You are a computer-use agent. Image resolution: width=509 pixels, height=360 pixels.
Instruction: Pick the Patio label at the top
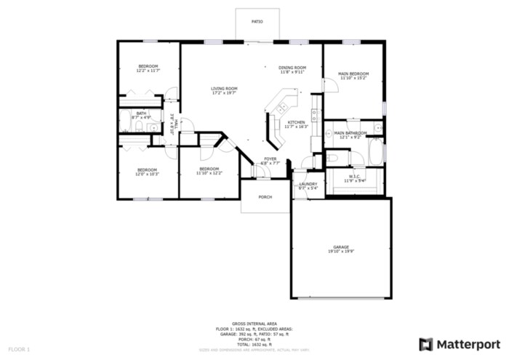pos(257,22)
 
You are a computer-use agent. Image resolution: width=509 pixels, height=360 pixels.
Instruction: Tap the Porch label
pos(265,196)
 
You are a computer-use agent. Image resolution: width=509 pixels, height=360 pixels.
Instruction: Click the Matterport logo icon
pos(426,344)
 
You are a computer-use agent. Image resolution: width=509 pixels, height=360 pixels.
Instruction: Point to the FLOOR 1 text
pos(19,350)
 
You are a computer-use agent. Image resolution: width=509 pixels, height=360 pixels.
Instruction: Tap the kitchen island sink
pos(280,109)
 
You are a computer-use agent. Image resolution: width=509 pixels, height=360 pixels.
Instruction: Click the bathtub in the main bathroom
pos(375,153)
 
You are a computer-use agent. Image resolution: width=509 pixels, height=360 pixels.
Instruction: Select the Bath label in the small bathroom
pos(140,115)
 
